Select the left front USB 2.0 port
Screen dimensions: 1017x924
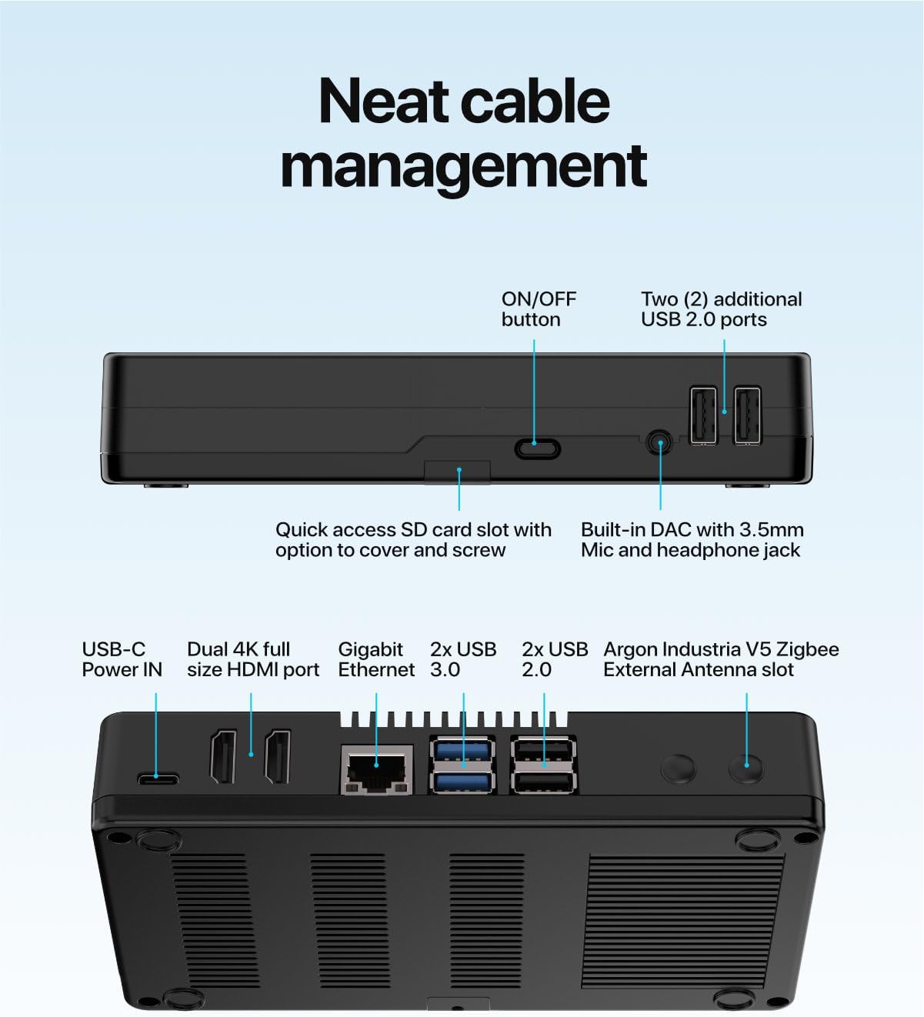[x=703, y=415]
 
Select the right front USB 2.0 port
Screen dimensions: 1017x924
[x=747, y=415]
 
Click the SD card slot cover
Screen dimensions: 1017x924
[x=457, y=472]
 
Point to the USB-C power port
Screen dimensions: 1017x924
[x=158, y=779]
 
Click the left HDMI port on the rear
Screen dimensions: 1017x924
[x=223, y=757]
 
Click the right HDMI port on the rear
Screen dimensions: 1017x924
[x=278, y=757]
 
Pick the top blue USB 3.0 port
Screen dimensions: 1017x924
[x=463, y=750]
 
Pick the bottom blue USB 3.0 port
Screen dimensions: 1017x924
[x=463, y=782]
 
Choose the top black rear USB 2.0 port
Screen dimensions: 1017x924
[x=543, y=750]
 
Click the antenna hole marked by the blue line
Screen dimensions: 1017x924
[x=746, y=767]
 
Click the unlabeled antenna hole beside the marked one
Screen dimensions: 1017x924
[x=679, y=768]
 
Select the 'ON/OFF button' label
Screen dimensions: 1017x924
[x=539, y=309]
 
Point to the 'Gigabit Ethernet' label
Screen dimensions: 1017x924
[x=375, y=659]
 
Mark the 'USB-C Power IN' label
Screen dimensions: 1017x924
[x=122, y=659]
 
